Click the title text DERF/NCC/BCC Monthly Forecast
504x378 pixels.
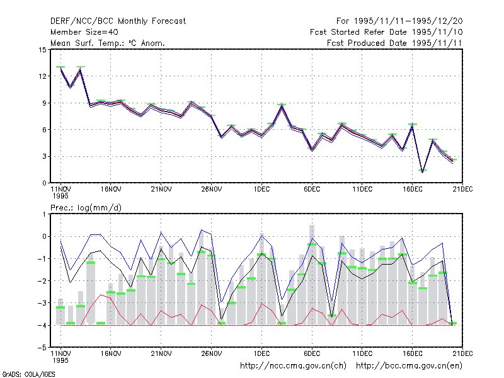pos(118,21)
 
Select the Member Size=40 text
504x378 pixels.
pos(84,32)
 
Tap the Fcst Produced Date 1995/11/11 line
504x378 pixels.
pos(394,43)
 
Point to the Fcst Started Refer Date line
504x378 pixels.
pos(386,32)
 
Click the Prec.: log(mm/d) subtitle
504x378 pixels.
pos(86,208)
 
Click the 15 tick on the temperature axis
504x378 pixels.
pos(42,50)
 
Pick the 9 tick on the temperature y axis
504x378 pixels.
pos(44,103)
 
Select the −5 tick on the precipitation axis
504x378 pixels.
pos(42,348)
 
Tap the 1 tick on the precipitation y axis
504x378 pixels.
pos(44,214)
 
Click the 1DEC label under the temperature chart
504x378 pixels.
pos(261,190)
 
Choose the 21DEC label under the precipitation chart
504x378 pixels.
pos(462,353)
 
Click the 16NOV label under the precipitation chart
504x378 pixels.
pos(111,353)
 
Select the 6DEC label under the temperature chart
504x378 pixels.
pos(312,190)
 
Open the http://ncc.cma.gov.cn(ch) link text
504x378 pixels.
pos(293,366)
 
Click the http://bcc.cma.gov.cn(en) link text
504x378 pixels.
pos(409,366)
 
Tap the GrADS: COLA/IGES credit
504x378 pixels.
pos(28,374)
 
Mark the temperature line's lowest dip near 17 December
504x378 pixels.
pos(423,172)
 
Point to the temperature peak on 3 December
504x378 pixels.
pos(282,106)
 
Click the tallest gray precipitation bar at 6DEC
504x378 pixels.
pos(312,275)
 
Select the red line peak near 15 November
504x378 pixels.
pos(101,295)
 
